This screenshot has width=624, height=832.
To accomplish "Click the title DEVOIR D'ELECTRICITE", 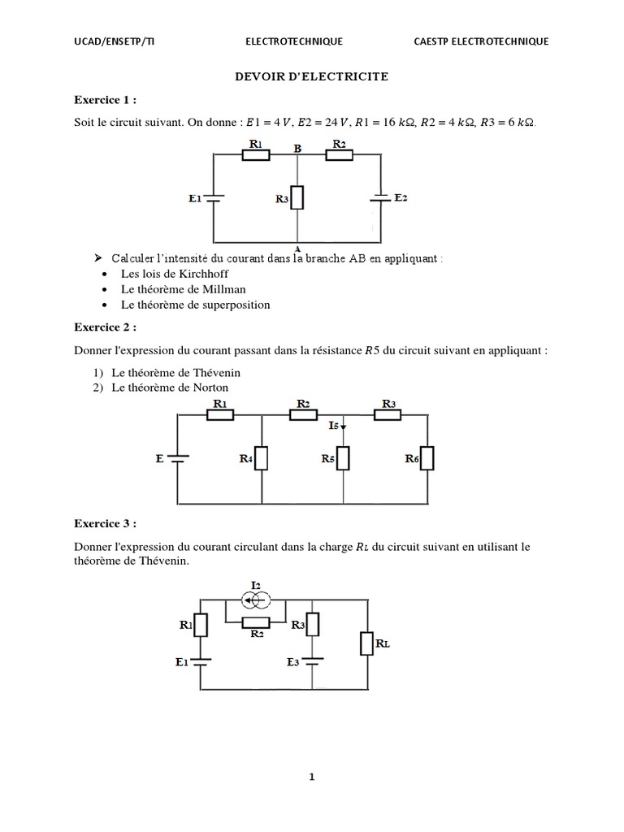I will (x=311, y=76).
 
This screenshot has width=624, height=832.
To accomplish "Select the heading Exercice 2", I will (x=105, y=327).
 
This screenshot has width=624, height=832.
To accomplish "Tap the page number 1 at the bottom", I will (x=311, y=777).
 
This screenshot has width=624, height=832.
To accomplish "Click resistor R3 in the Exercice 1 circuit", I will (x=297, y=197).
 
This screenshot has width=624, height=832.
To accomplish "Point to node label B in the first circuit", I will (x=298, y=149).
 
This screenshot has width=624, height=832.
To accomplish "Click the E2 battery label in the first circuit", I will (x=400, y=197).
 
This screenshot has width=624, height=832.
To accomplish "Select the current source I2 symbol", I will (x=255, y=600).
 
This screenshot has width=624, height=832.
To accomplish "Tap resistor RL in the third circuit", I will (x=367, y=643).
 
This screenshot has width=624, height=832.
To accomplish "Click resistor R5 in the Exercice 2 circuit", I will (x=344, y=458).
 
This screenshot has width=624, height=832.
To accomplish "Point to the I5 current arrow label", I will (x=336, y=425).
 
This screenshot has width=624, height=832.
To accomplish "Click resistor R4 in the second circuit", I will (x=262, y=458).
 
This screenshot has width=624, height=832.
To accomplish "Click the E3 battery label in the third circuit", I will (x=294, y=662).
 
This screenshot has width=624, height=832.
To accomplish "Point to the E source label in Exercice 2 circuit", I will (x=159, y=458).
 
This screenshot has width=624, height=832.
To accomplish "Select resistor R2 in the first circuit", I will (x=340, y=155).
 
